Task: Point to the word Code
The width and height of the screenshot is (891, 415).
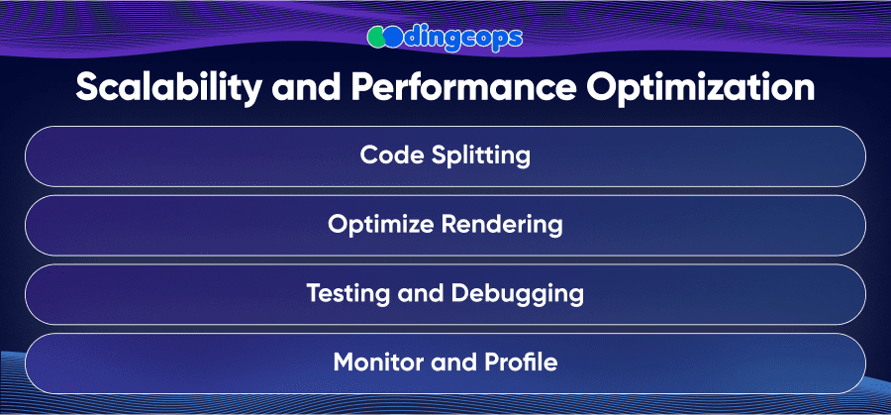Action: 392,156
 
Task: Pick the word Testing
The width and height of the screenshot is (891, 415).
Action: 346,294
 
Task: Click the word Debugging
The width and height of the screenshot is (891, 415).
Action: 518,294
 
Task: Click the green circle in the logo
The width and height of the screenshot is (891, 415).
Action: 377,37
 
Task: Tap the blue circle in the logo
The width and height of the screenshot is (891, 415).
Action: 392,37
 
